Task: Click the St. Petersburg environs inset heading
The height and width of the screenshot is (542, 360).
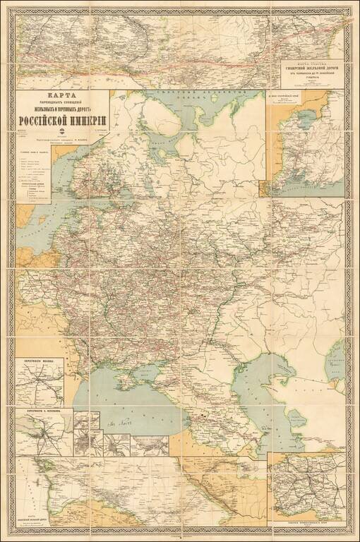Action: coord(44,409)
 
